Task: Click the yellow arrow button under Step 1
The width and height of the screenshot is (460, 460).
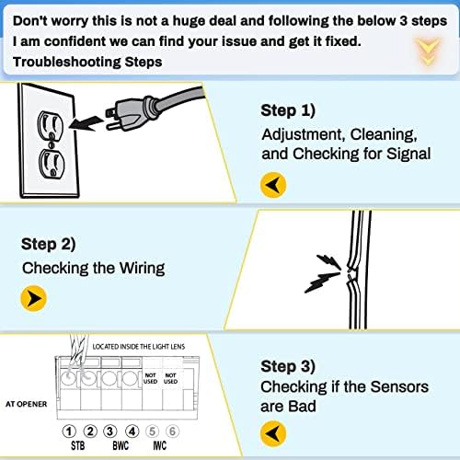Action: tap(273, 184)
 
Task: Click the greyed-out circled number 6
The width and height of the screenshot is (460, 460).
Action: tap(173, 431)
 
